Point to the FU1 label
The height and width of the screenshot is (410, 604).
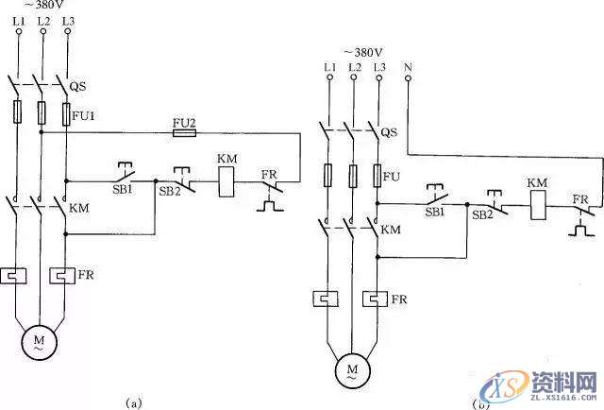pyautogui.click(x=85, y=116)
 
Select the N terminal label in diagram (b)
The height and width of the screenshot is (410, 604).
pyautogui.click(x=407, y=66)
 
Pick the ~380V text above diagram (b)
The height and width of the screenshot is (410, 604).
pyautogui.click(x=362, y=52)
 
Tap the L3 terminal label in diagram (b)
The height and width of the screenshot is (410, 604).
pyautogui.click(x=379, y=66)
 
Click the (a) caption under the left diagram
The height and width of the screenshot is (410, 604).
pyautogui.click(x=133, y=401)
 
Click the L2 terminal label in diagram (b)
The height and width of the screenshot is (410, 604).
pyautogui.click(x=354, y=66)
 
